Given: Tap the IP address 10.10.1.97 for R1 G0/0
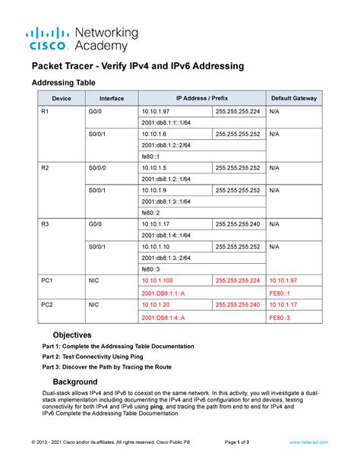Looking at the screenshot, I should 156,112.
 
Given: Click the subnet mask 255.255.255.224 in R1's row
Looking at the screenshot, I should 237,112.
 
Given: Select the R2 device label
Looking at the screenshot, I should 46,168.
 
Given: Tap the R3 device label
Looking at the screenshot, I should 46,224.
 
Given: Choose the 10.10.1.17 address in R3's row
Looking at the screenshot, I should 156,224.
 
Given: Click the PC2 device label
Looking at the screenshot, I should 47,304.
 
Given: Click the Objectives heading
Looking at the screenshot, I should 72,334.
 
